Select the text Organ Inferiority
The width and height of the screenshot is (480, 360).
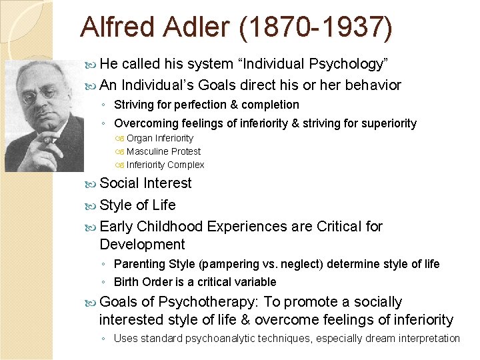coord(160,138)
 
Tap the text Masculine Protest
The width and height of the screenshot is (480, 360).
coord(163,151)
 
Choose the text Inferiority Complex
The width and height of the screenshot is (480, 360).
coord(165,165)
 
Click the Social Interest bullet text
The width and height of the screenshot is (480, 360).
coord(145,183)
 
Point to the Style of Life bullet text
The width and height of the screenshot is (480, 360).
coord(137,205)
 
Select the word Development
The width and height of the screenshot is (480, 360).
coord(142,245)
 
